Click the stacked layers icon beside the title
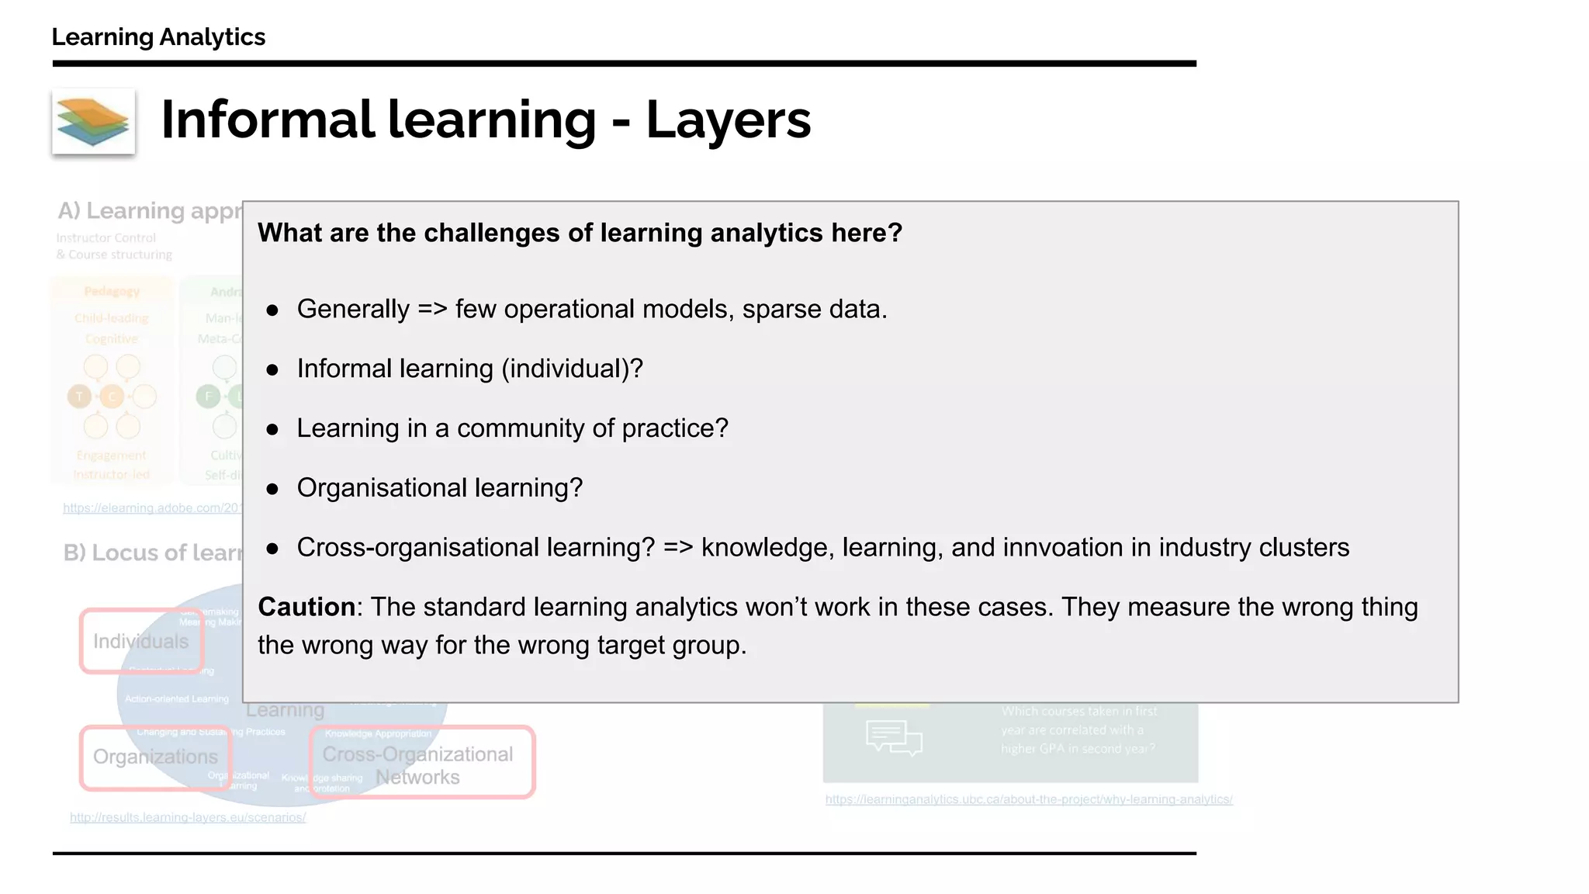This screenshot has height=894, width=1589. (x=93, y=121)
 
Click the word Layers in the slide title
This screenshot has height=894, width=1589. (x=728, y=120)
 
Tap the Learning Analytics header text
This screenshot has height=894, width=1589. (x=158, y=36)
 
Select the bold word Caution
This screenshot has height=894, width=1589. (x=306, y=607)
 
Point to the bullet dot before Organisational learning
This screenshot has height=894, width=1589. (x=272, y=489)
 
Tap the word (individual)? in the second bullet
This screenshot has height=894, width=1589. (x=572, y=369)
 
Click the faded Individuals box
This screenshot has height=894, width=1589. (x=141, y=641)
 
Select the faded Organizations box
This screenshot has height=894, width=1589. (x=155, y=757)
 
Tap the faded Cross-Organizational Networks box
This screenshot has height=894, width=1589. (x=422, y=764)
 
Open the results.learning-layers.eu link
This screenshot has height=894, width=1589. (x=188, y=817)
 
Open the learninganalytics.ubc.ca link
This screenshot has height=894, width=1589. (x=1029, y=799)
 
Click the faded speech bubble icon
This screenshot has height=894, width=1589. (x=893, y=737)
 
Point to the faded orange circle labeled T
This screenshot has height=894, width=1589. (x=79, y=397)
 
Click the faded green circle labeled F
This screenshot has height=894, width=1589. (x=208, y=397)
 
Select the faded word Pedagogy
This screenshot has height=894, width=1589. (x=112, y=292)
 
